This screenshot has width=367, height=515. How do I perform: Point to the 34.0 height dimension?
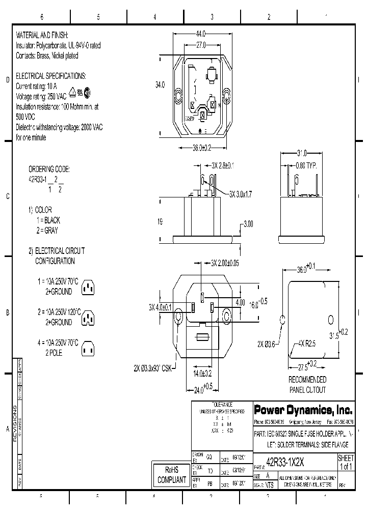pyautogui.click(x=160, y=85)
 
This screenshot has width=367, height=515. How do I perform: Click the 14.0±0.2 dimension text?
pyautogui.click(x=202, y=373)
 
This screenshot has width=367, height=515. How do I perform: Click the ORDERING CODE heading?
pyautogui.click(x=48, y=169)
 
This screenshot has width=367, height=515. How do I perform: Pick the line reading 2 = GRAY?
pyautogui.click(x=47, y=230)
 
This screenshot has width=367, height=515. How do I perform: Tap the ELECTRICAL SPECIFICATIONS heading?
pyautogui.click(x=51, y=75)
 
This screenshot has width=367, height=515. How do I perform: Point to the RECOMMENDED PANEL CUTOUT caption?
pyautogui.click(x=307, y=384)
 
